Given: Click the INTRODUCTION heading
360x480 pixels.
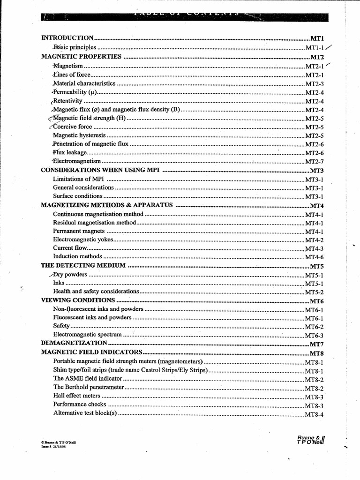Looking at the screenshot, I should point(68,37).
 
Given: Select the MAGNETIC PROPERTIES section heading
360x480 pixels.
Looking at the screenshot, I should point(81,57).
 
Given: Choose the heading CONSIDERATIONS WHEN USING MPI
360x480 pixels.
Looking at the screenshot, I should point(100,170).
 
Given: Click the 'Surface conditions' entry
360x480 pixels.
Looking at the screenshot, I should point(77,196).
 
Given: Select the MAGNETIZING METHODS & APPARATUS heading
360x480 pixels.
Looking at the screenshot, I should point(107,205).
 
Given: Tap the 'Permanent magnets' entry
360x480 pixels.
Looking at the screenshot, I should point(78,231).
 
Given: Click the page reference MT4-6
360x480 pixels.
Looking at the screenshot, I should point(315,257).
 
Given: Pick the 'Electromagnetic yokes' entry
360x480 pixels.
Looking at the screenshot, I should point(83,240).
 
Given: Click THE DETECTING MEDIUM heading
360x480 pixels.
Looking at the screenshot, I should point(83,265).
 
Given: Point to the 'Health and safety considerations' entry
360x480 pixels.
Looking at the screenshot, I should point(96,292).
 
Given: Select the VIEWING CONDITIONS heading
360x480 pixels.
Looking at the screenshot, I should point(78,300).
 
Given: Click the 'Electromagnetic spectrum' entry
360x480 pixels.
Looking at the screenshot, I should point(87,335).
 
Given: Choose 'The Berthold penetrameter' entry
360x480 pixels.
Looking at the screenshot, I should point(89,387).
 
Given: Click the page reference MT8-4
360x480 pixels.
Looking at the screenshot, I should point(315,414).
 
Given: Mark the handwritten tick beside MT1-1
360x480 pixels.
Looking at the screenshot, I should point(330,47).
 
